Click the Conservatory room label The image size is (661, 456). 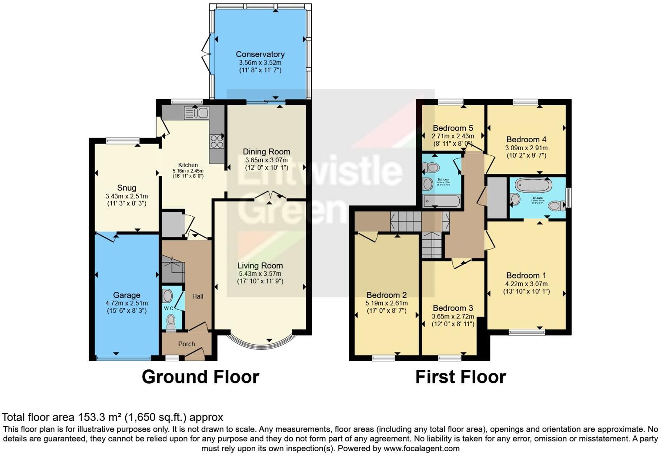[260, 54]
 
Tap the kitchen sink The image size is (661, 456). [197, 113]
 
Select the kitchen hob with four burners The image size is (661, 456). [217, 142]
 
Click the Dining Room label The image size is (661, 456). [266, 152]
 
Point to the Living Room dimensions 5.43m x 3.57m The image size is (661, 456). [260, 274]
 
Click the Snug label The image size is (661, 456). [127, 188]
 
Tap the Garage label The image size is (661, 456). [127, 295]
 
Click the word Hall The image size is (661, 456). [198, 296]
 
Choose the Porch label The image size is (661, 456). [187, 344]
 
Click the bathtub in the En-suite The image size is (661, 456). [533, 186]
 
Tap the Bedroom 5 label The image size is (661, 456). [453, 128]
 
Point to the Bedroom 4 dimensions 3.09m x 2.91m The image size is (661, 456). [526, 148]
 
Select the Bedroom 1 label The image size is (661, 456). [526, 275]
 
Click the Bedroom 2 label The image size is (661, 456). [387, 295]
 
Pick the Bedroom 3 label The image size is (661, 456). [453, 308]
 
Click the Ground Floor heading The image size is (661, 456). [200, 377]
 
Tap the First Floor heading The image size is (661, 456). [461, 377]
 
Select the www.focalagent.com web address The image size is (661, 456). [421, 448]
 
